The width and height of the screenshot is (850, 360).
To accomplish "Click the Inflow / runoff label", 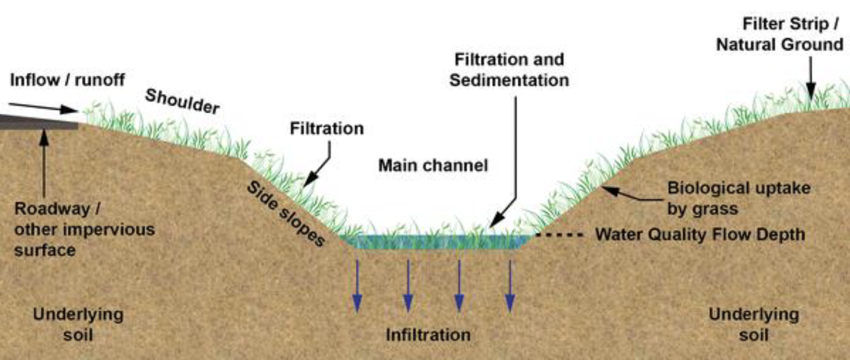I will tap(67, 80).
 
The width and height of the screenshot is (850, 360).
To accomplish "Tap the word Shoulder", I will tap(182, 101).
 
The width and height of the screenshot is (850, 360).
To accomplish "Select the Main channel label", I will tap(433, 165).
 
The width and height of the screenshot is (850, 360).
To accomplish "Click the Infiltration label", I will tap(428, 335).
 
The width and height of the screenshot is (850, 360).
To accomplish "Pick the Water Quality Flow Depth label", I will tap(700, 235).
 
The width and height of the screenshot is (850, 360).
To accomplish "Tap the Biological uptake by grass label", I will tap(738, 198).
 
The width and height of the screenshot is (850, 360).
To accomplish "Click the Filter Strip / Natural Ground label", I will tap(780, 34).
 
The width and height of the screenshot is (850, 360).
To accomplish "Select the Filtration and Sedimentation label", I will tap(509, 70).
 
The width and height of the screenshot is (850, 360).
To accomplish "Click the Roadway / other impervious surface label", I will tap(84, 229).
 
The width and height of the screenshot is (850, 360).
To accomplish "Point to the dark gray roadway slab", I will tap(39, 122).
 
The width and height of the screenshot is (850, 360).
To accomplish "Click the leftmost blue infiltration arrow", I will tap(357, 286).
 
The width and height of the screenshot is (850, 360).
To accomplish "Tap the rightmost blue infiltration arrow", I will tap(510, 286).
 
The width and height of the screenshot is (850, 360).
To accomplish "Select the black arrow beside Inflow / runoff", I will tap(43, 108).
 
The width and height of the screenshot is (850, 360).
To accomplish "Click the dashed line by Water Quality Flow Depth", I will tap(559, 235).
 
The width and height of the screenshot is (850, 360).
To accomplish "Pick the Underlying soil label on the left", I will tap(78, 324).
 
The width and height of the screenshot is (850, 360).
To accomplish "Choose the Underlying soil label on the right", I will tap(754, 324).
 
